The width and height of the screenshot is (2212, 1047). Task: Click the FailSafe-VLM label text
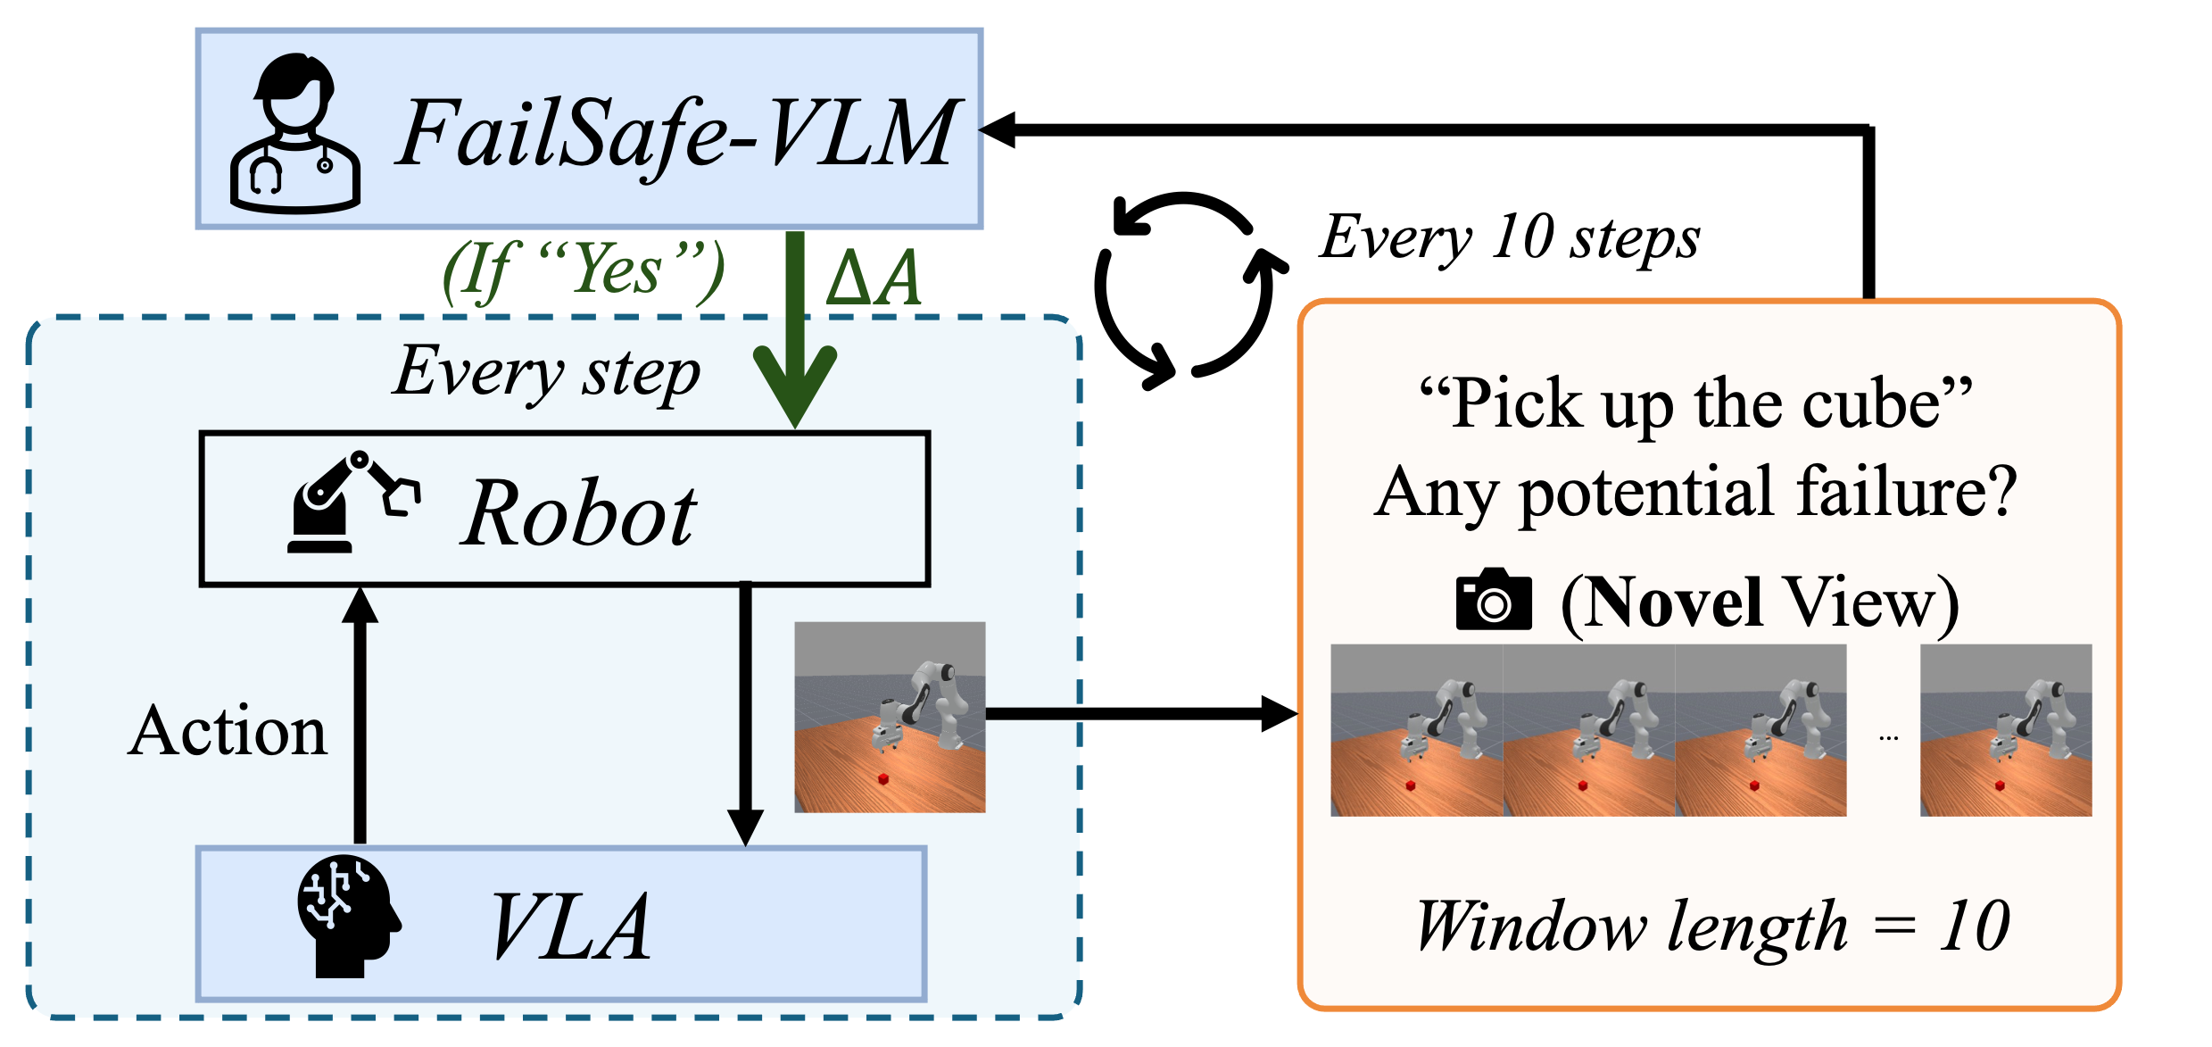pos(675,135)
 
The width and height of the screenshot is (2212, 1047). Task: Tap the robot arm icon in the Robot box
pos(353,503)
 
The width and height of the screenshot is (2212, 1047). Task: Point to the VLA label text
pos(571,928)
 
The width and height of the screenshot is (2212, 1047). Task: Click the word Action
pos(228,731)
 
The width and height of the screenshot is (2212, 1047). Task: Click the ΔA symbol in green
pos(874,278)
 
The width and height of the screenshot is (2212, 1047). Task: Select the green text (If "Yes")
pos(584,270)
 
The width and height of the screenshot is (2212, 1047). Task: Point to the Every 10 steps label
pos(1510,237)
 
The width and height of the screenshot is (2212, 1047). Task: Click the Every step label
pos(546,372)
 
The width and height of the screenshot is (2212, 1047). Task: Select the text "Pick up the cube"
pos(1695,404)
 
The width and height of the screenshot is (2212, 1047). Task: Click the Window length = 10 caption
pos(1712,927)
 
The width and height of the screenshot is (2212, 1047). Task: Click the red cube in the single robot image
pos(884,779)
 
